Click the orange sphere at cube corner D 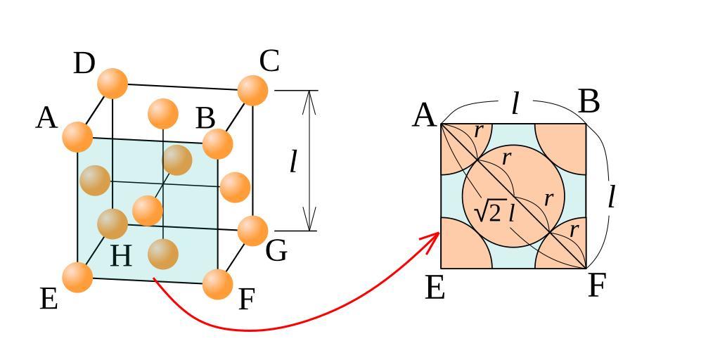coord(112,83)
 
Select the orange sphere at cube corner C coord(252,91)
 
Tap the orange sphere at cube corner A coord(77,136)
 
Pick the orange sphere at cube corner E coord(77,277)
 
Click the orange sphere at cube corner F coord(217,283)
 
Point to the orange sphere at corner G coord(252,231)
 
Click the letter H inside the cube coord(121,256)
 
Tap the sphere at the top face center coord(163,114)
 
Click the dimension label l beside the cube coord(293,162)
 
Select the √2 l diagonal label coord(494,212)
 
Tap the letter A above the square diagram coord(424,115)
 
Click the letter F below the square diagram coord(596,286)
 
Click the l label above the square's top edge coord(515,103)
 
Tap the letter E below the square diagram coord(435,288)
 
